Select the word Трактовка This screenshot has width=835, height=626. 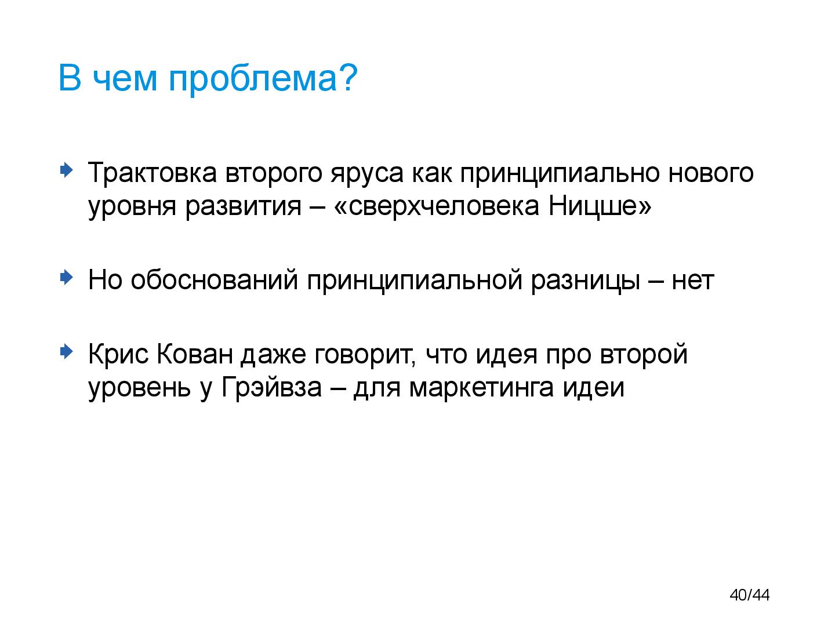[153, 173]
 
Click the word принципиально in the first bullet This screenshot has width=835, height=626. [560, 174]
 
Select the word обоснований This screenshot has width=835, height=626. [214, 281]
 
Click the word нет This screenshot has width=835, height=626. [693, 281]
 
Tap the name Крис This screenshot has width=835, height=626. [119, 354]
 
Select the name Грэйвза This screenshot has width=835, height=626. [271, 387]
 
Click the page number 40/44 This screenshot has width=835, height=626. [750, 595]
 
